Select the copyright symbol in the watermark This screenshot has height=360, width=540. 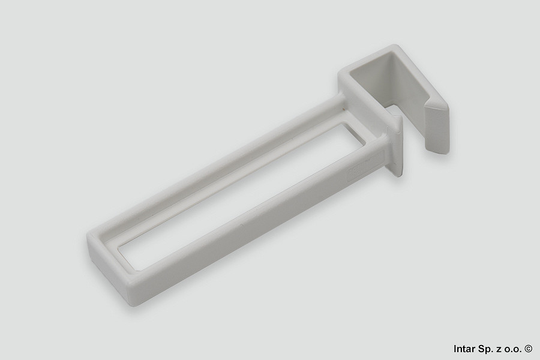(529, 349)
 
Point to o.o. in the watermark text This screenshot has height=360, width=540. (513, 349)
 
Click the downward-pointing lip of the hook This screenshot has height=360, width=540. (437, 126)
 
